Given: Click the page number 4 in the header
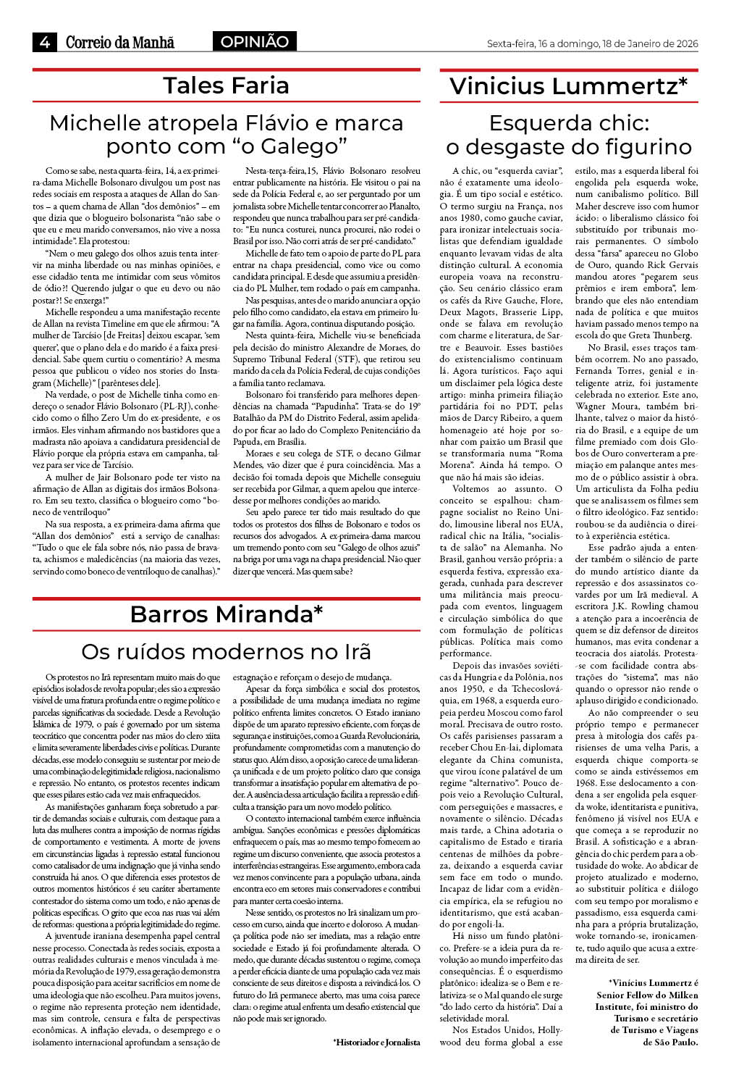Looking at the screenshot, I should coord(44,42).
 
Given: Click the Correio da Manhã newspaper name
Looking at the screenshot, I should coord(120,42).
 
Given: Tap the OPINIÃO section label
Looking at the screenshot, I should coord(254,42).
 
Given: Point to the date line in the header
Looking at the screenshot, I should coord(592,43).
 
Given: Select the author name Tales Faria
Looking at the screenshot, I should coord(226,85).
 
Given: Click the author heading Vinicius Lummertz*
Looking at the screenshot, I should coord(568,86).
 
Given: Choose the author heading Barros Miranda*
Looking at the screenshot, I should coord(226,614).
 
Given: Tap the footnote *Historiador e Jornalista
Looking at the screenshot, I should coord(376,1042).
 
